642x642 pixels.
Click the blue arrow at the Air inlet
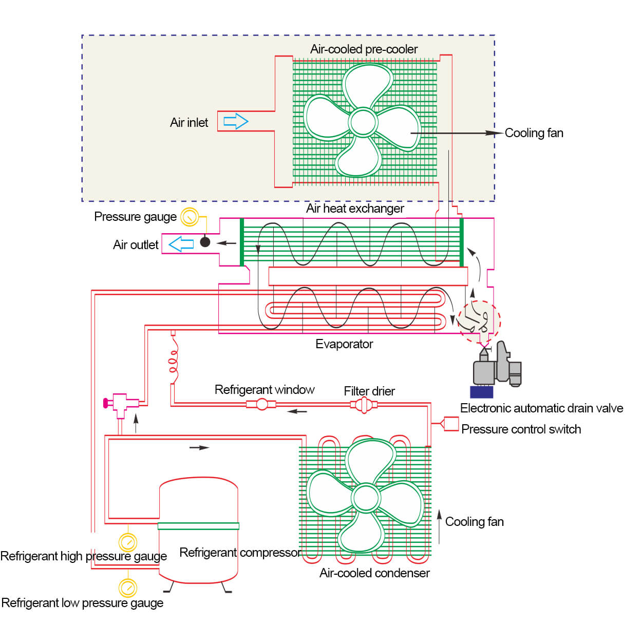point(236,122)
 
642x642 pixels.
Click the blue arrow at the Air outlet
point(181,244)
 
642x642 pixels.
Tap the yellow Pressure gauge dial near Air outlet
point(190,217)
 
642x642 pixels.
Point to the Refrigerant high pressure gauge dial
point(128,542)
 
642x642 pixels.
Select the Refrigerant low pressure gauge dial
point(127,587)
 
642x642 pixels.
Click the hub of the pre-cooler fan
point(363,122)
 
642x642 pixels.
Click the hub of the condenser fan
point(366,498)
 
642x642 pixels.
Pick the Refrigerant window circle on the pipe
point(262,404)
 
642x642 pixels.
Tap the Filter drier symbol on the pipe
point(364,405)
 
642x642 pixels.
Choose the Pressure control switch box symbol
point(450,424)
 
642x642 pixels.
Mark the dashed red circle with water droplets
point(479,322)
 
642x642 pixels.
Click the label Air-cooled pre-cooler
point(364,49)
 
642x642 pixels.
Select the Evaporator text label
point(344,344)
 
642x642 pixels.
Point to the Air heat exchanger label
point(355,209)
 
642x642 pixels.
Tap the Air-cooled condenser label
point(374,573)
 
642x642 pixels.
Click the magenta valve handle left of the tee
point(106,403)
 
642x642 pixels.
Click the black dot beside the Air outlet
point(205,242)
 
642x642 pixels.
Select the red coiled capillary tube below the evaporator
point(174,360)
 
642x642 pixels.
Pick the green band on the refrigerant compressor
point(198,526)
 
